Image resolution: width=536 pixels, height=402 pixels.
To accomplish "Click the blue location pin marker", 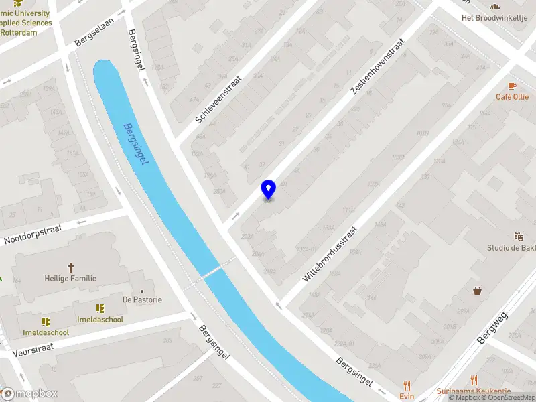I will [x=269, y=190].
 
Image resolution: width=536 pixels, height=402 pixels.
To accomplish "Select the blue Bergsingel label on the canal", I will [x=137, y=145].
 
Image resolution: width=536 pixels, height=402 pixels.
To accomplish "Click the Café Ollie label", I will [x=512, y=97].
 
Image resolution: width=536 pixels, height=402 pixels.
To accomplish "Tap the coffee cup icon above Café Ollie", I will [x=512, y=86].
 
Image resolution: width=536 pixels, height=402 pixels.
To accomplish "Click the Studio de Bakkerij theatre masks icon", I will [x=518, y=237].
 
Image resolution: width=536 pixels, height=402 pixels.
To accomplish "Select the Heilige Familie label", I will [x=70, y=278].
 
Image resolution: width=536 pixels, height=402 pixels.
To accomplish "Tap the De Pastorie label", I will [x=142, y=299].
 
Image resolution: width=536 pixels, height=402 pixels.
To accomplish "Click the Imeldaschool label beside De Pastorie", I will [x=100, y=319].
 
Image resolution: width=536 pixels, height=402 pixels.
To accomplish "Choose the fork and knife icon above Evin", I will [x=407, y=385].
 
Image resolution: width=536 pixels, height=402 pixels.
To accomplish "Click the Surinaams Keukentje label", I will [x=473, y=391].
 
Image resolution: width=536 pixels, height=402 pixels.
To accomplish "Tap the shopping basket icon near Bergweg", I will [x=478, y=291].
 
